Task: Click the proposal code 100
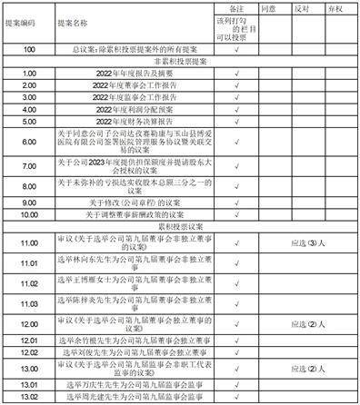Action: (x=27, y=50)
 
